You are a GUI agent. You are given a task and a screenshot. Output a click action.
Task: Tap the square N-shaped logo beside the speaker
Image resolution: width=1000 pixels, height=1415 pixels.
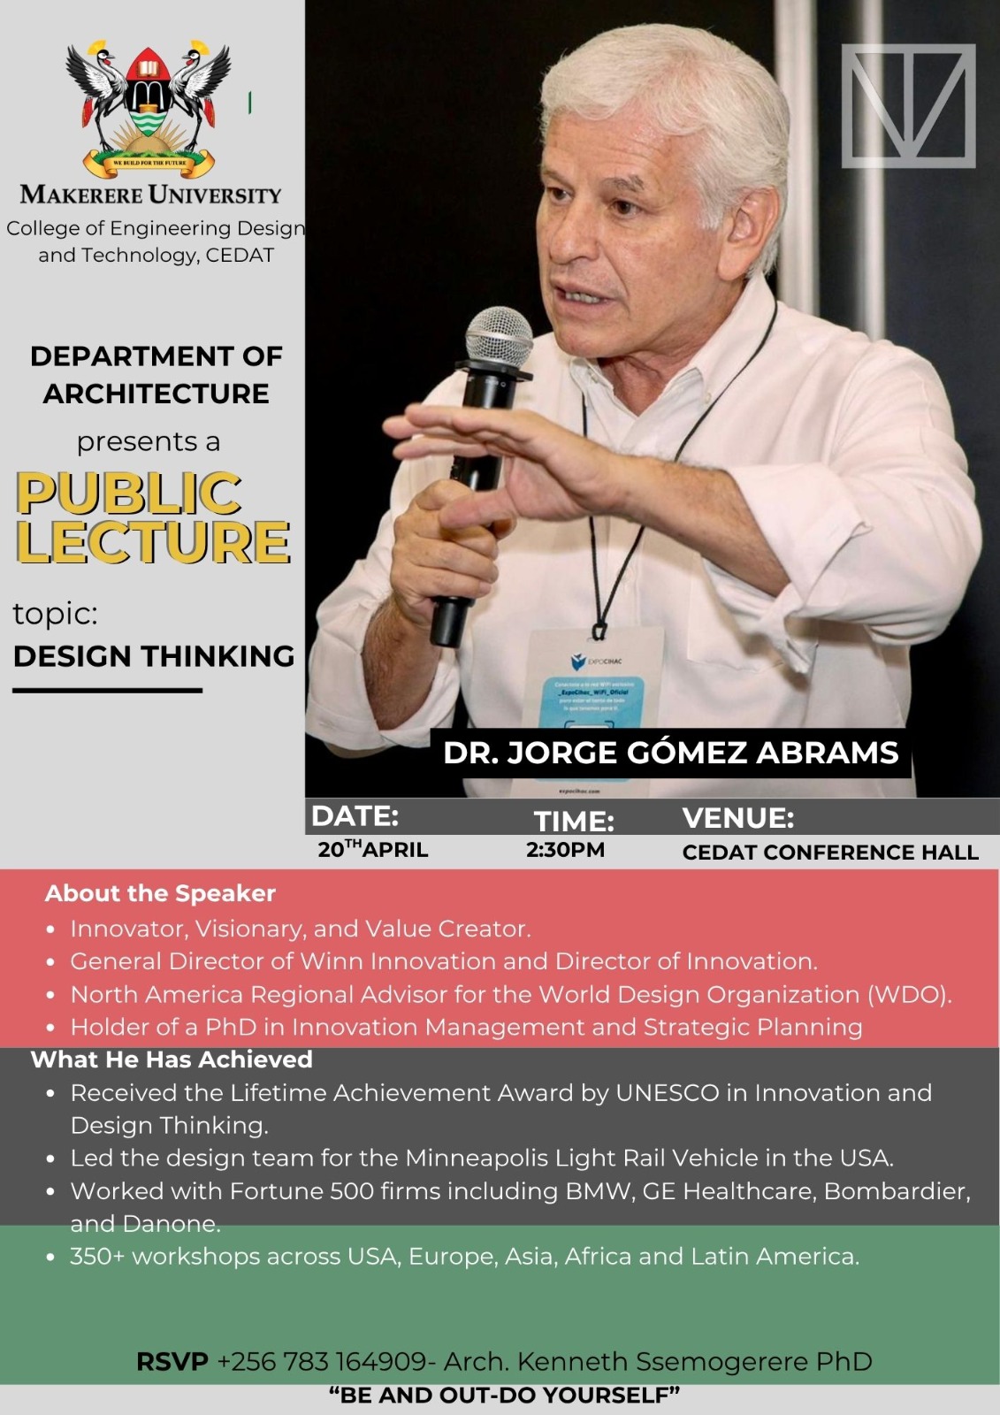pyautogui.click(x=908, y=106)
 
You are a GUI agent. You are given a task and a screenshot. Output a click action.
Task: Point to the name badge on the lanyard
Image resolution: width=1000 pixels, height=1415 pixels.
pyautogui.click(x=597, y=699)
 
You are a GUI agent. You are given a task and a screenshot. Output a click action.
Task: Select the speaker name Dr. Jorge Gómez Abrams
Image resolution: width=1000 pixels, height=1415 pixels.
pyautogui.click(x=670, y=753)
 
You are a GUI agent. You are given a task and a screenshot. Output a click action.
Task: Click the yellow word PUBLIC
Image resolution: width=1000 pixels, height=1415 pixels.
pyautogui.click(x=129, y=493)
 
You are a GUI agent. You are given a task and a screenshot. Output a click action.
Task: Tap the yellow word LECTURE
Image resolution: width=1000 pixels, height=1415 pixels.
pyautogui.click(x=153, y=541)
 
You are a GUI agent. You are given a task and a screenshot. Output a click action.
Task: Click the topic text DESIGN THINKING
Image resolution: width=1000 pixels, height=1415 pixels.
pyautogui.click(x=154, y=656)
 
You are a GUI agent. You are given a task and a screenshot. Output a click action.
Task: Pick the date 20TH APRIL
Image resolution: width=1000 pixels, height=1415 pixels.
pyautogui.click(x=373, y=850)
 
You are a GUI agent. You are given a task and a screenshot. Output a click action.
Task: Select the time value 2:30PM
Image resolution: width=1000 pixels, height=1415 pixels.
pyautogui.click(x=565, y=850)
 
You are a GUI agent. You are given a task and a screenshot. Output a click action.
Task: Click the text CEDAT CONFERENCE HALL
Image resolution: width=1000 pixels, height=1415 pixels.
pyautogui.click(x=830, y=853)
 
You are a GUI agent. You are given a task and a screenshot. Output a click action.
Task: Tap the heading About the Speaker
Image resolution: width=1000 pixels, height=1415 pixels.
pyautogui.click(x=160, y=893)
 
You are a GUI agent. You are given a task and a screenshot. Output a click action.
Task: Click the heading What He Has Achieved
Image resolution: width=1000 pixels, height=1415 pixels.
pyautogui.click(x=172, y=1059)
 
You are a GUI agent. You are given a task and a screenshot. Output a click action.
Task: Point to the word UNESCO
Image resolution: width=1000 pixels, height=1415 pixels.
pyautogui.click(x=667, y=1093)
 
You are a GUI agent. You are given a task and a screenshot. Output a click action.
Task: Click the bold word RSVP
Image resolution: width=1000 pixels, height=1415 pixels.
pyautogui.click(x=172, y=1361)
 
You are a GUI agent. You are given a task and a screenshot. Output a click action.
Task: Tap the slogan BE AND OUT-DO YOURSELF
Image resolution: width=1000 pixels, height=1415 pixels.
pyautogui.click(x=504, y=1396)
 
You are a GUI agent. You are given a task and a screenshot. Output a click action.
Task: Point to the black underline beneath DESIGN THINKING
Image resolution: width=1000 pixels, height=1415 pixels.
pyautogui.click(x=107, y=691)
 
